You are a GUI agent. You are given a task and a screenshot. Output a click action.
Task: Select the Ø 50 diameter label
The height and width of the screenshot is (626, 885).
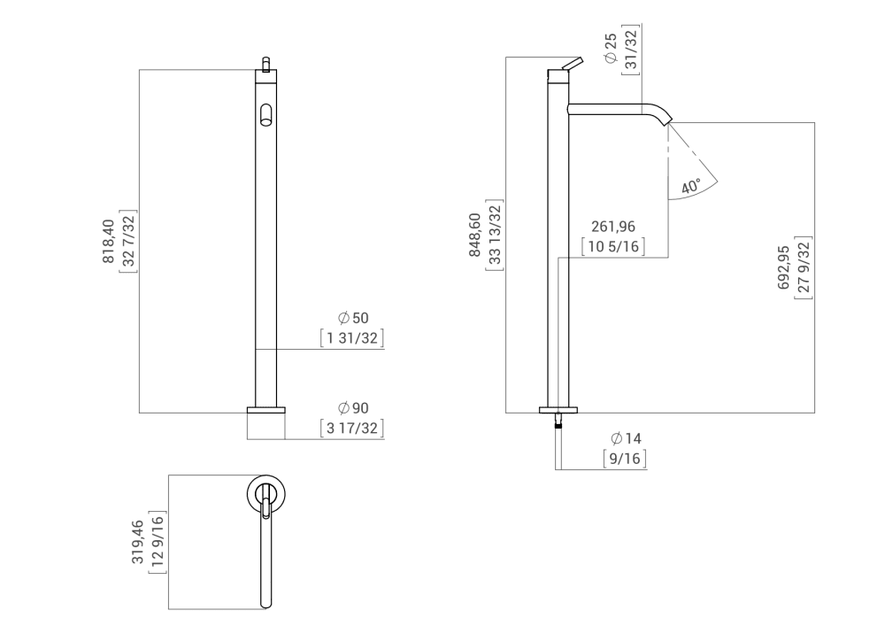point(352,318)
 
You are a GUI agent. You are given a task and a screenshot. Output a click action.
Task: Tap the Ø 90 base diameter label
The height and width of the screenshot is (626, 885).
point(352,408)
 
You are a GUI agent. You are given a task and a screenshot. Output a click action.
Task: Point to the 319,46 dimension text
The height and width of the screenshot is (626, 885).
point(138,542)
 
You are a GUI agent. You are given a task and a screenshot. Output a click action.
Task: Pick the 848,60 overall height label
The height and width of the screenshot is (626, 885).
point(474,235)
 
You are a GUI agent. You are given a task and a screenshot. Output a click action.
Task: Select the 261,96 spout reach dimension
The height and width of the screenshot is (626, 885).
point(612,228)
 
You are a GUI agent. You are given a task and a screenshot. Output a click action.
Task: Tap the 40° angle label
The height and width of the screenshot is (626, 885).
point(690,188)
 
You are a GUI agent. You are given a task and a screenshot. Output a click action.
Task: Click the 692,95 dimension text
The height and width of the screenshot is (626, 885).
point(784,269)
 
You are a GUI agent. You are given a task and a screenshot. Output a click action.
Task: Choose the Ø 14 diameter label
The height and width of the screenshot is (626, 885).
point(625,439)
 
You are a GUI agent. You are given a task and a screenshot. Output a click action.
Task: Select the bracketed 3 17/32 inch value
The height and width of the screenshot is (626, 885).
point(352,429)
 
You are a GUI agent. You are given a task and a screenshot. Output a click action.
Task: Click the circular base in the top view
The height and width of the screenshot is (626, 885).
point(265,494)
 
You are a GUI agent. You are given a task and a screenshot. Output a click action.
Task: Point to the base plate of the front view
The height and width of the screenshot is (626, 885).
point(265,410)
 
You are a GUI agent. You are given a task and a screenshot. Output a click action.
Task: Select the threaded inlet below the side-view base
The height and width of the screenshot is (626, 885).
point(558,421)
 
